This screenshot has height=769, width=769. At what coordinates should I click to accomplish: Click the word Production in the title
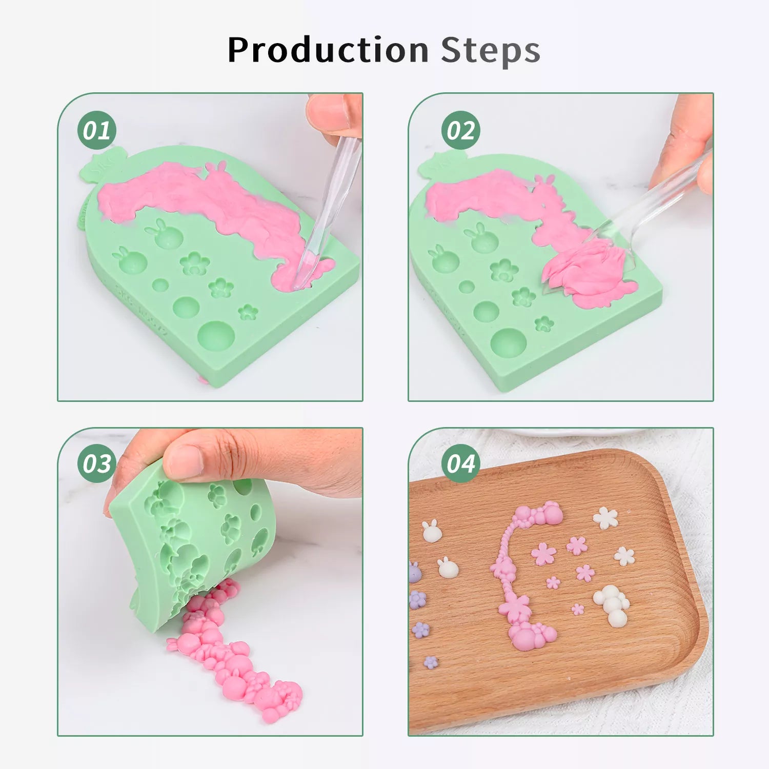328,50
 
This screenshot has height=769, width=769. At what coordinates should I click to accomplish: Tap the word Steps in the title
491,51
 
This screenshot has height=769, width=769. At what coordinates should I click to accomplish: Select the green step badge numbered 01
97,130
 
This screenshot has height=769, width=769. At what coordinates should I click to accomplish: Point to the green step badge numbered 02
461,130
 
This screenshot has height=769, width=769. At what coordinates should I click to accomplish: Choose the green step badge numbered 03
97,463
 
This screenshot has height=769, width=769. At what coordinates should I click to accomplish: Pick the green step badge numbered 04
461,463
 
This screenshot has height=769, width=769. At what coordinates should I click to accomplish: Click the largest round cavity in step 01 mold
216,336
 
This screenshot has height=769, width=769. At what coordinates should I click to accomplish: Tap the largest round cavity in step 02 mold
509,343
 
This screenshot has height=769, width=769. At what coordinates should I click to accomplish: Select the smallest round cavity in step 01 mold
160,285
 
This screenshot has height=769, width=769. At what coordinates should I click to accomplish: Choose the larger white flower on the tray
605,518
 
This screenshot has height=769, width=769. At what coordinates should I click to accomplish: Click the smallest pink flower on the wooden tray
578,609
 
